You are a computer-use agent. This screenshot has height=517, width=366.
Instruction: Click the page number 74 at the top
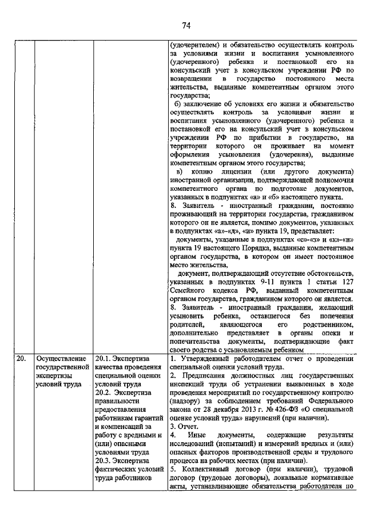pyautogui.click(x=186, y=25)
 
